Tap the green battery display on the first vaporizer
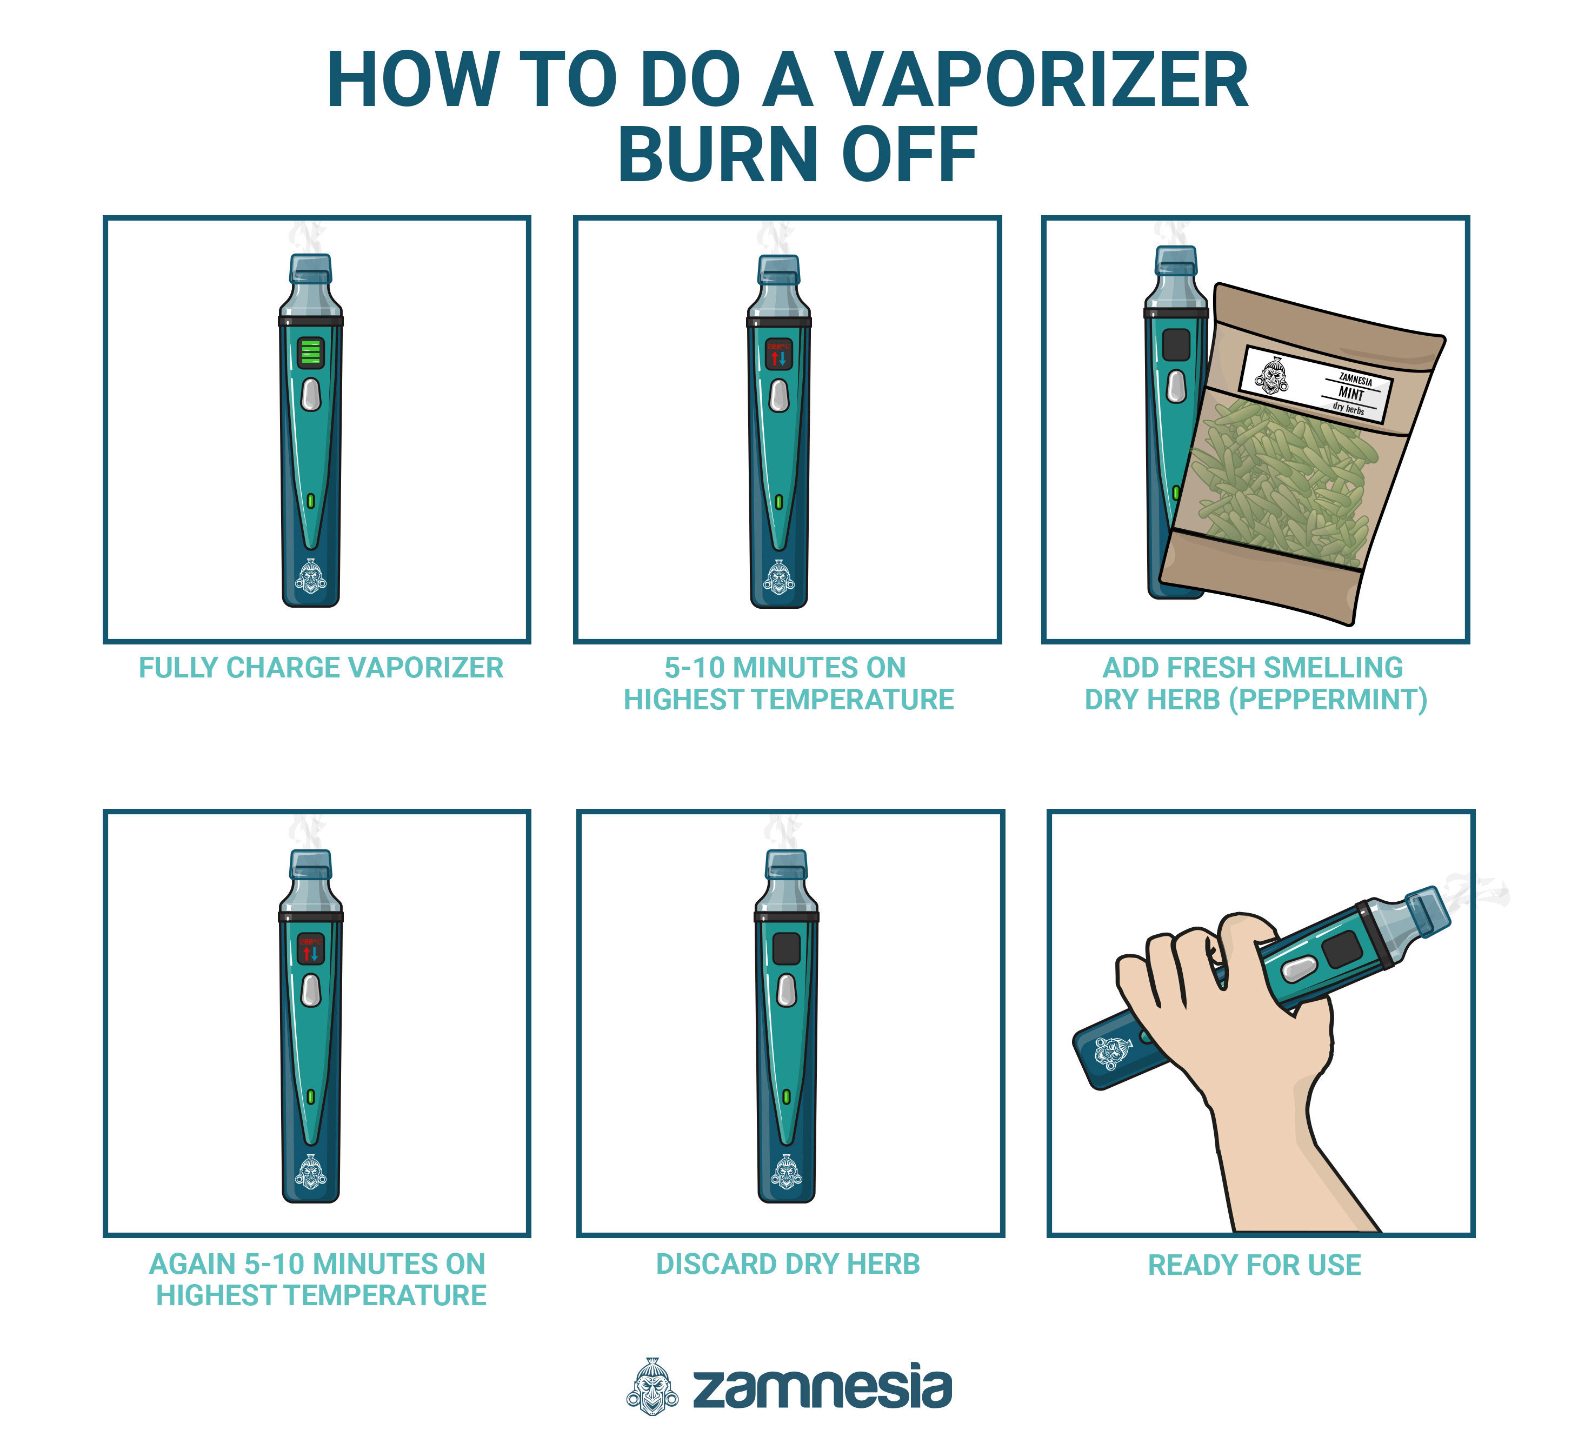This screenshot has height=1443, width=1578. click(311, 353)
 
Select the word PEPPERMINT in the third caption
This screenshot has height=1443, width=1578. click(1328, 699)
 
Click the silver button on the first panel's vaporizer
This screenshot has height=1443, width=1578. click(311, 394)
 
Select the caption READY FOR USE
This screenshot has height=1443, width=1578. click(1254, 1265)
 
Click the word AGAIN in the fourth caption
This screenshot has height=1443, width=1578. click(192, 1264)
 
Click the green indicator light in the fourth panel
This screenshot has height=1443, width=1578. click(311, 1096)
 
